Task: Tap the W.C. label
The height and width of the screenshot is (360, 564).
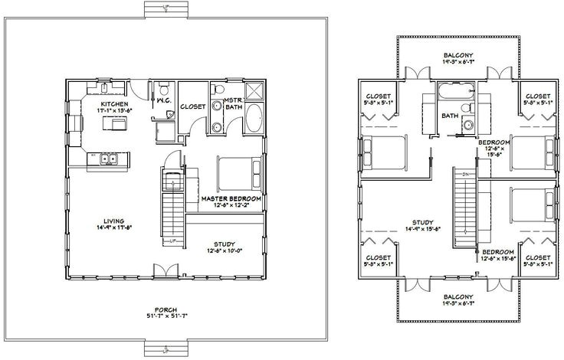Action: tap(163, 100)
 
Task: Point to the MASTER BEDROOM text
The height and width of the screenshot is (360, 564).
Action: tap(231, 198)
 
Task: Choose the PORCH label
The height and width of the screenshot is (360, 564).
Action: tap(165, 309)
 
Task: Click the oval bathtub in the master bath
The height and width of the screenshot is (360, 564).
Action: tap(254, 122)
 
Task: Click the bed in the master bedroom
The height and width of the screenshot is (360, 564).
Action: tap(237, 173)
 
